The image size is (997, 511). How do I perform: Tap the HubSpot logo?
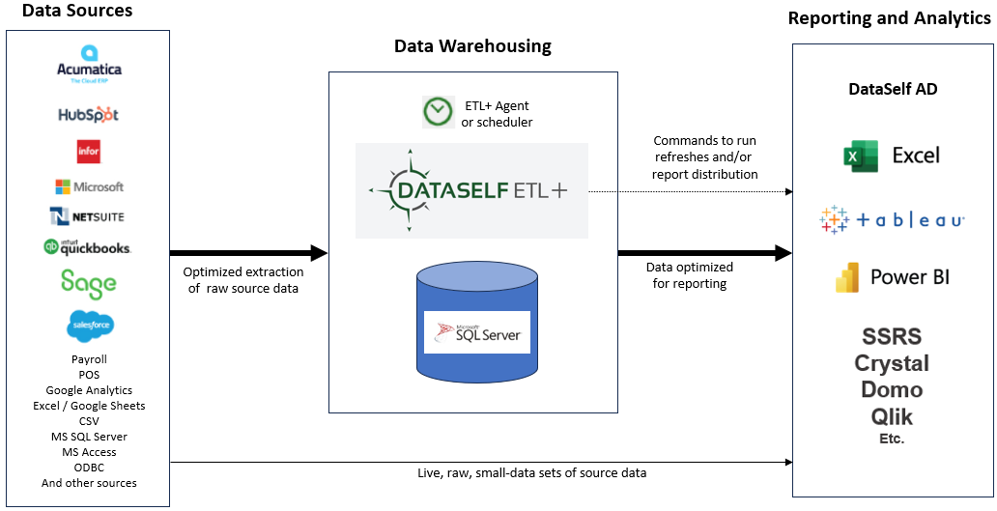(x=88, y=114)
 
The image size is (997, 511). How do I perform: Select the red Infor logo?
(x=89, y=152)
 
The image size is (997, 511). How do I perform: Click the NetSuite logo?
(x=88, y=216)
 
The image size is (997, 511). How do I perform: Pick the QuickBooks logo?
(x=88, y=247)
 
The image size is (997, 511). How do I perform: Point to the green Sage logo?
(x=88, y=282)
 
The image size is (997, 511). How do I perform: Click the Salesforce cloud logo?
(x=90, y=326)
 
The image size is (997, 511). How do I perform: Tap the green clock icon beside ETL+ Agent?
(x=438, y=112)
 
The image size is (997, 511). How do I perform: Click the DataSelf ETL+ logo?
(x=470, y=190)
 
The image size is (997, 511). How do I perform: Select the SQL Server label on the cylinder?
(x=477, y=332)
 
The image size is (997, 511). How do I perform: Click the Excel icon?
(x=860, y=156)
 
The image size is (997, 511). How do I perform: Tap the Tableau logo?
(x=892, y=220)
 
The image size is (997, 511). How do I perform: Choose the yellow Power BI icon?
(x=847, y=277)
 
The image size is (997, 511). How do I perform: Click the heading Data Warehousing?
(x=472, y=46)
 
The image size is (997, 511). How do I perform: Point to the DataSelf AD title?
(x=893, y=89)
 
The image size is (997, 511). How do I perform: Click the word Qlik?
(x=892, y=417)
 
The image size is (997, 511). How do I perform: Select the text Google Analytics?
(x=89, y=390)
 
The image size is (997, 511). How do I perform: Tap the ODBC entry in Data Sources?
(x=89, y=468)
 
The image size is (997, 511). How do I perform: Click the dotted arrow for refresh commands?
(x=690, y=190)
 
